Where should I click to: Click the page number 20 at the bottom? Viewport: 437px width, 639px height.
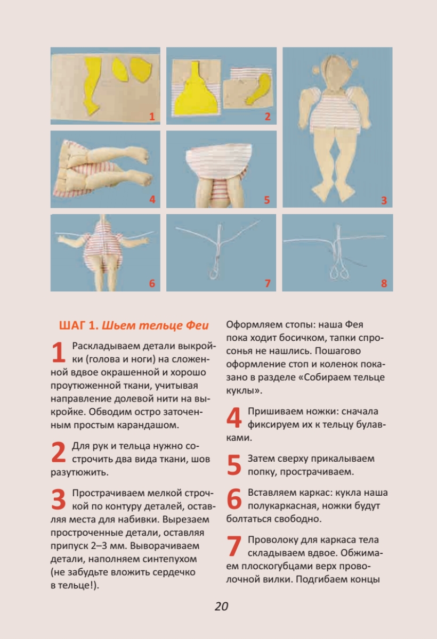(221, 606)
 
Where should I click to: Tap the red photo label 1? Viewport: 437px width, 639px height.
(152, 117)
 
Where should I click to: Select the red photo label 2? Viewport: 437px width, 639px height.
(268, 117)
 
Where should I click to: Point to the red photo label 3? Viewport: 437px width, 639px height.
(384, 200)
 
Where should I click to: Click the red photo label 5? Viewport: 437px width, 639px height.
(267, 200)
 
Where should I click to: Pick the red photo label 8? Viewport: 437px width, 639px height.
(384, 283)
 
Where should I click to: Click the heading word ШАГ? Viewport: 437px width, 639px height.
(72, 325)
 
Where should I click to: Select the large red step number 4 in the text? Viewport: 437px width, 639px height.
(234, 417)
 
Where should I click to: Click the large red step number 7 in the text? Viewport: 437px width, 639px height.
(234, 546)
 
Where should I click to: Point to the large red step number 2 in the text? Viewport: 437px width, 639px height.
(59, 452)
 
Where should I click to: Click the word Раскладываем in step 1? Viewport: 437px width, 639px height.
(106, 346)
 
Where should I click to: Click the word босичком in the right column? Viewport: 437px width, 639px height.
(302, 338)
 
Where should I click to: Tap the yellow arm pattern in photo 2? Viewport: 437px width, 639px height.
(258, 89)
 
